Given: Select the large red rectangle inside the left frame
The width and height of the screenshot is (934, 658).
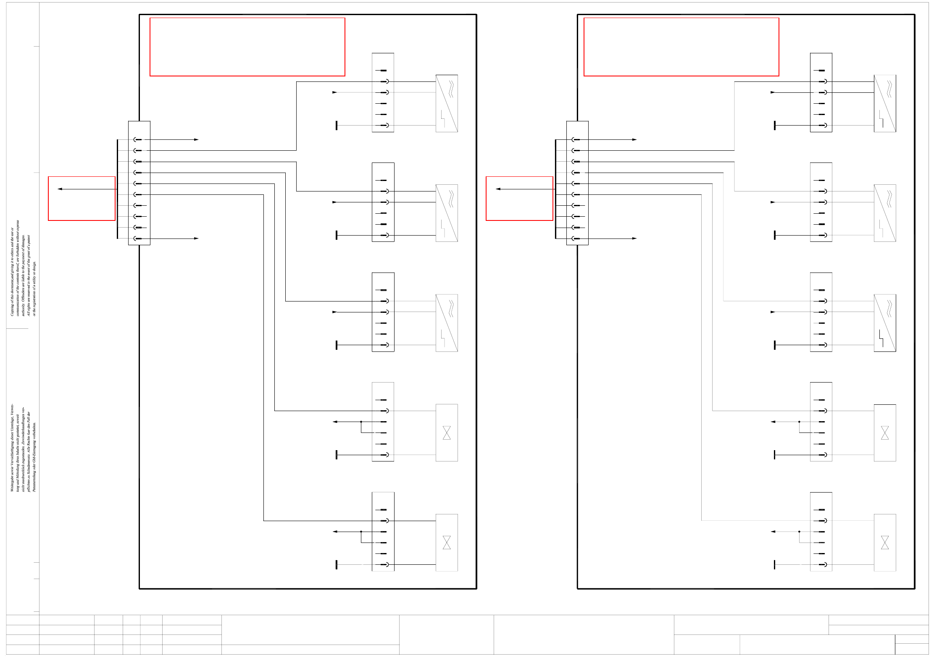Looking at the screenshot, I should (x=247, y=47).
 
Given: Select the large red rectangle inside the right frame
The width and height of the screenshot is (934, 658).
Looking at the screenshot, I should (x=681, y=47).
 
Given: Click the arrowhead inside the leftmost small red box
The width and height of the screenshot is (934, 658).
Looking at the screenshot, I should (x=60, y=189).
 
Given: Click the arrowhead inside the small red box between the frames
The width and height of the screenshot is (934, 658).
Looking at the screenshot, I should (x=498, y=189).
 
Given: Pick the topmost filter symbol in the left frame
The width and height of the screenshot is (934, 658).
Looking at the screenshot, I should (x=447, y=103).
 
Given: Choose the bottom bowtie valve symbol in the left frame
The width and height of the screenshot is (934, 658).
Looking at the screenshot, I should (x=447, y=543).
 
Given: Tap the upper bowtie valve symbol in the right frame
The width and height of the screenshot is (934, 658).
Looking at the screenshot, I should (x=884, y=433).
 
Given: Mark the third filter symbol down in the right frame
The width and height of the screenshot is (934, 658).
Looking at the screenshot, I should (x=884, y=323).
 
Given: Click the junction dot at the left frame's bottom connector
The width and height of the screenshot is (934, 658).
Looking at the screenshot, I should (x=361, y=532).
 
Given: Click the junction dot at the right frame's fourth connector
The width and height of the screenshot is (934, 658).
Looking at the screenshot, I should (x=799, y=422).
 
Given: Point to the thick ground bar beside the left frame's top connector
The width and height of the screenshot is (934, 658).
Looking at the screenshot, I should (x=337, y=125).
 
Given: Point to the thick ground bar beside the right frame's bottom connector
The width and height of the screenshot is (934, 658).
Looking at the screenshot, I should (x=774, y=564).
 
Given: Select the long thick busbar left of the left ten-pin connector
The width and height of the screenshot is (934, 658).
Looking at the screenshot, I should (x=117, y=189).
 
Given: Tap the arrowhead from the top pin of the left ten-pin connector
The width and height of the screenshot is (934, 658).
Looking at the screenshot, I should (x=196, y=139).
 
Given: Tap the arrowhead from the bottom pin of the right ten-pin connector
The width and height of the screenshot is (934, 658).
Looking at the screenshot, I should (x=634, y=239).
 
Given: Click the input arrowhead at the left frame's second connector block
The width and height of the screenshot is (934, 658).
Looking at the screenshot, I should (x=334, y=202).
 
